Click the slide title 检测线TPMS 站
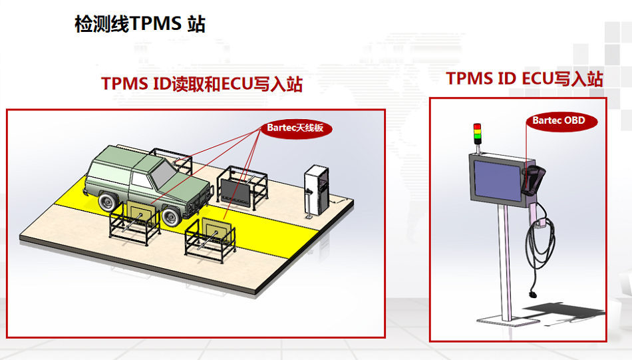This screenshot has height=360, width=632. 140,24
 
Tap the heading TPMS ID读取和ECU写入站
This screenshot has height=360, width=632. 202,84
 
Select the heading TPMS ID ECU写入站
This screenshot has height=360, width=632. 524,79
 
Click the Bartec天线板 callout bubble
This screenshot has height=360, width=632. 295,128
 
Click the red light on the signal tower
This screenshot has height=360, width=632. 477,126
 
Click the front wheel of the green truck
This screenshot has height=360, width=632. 171,217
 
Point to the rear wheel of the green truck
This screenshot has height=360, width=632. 108,201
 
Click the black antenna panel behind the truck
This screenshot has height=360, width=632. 237,193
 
